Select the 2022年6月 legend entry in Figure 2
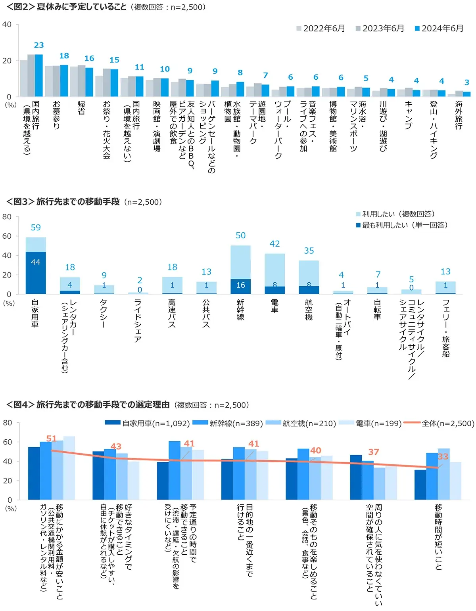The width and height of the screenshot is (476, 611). click(x=321, y=29)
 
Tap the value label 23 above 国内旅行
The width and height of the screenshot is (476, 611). click(x=39, y=45)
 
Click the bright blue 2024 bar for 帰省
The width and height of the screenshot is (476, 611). click(x=89, y=82)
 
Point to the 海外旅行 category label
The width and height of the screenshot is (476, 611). click(x=459, y=115)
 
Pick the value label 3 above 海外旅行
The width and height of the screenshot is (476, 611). click(x=466, y=82)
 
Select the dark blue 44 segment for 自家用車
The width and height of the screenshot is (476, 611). click(x=36, y=273)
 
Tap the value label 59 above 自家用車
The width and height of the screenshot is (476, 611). click(x=36, y=228)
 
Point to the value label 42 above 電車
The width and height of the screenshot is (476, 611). click(x=274, y=244)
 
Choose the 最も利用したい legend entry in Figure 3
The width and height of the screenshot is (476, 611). click(x=401, y=225)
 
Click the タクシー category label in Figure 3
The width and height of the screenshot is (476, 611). click(x=104, y=314)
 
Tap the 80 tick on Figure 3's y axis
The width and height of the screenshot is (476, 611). click(x=7, y=217)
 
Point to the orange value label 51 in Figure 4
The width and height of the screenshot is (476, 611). click(x=52, y=439)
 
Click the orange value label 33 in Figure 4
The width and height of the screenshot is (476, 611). click(x=443, y=456)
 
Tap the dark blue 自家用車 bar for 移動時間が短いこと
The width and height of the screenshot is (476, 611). click(x=420, y=485)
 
